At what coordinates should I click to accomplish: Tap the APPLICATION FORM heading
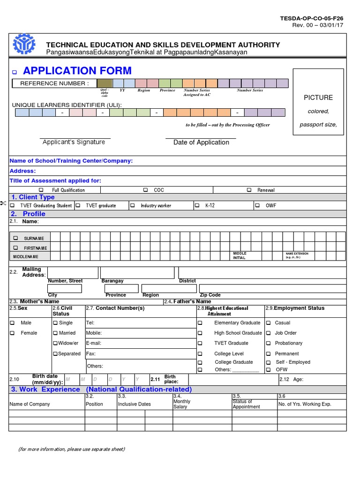(x=77, y=71)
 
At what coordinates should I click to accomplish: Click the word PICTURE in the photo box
(x=318, y=97)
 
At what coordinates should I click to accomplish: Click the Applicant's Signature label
(x=74, y=142)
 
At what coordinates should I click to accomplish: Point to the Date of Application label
(x=201, y=142)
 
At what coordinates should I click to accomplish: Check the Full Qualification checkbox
(x=41, y=190)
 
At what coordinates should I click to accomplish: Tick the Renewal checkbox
(x=249, y=190)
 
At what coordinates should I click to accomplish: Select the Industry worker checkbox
(x=133, y=205)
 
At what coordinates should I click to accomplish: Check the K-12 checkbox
(x=196, y=205)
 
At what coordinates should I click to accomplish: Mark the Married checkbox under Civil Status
(x=55, y=333)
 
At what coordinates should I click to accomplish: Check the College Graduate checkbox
(x=200, y=362)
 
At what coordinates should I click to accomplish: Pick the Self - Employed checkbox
(x=269, y=362)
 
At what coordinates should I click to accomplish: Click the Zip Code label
(x=210, y=295)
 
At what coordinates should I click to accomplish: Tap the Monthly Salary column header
(x=182, y=404)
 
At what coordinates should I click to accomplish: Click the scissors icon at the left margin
(x=3, y=202)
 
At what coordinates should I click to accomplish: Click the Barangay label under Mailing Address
(x=112, y=281)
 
